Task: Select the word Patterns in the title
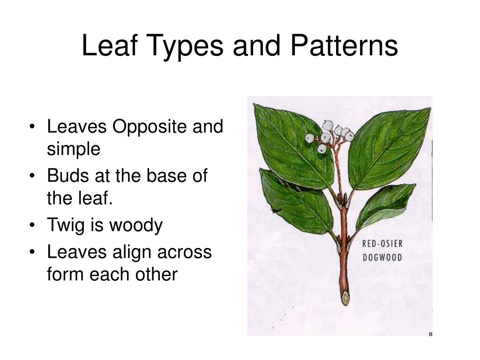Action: click(344, 46)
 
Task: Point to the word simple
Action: click(74, 149)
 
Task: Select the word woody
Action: click(136, 225)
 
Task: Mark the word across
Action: click(185, 252)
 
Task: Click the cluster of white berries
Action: click(330, 136)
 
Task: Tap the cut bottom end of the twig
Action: click(345, 298)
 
